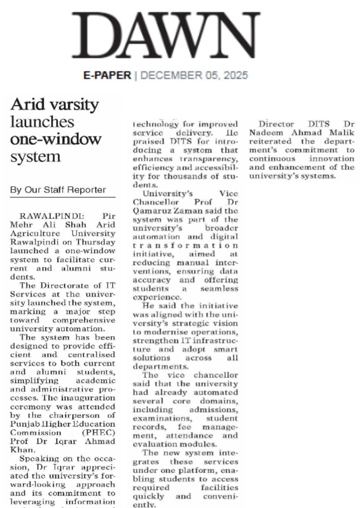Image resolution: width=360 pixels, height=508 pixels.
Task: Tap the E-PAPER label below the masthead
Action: tap(107, 75)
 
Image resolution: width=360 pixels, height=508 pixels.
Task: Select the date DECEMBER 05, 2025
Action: tap(194, 75)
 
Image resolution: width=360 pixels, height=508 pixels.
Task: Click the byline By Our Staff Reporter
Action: tap(58, 189)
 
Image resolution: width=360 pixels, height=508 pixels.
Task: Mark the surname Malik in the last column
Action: tap(343, 132)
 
